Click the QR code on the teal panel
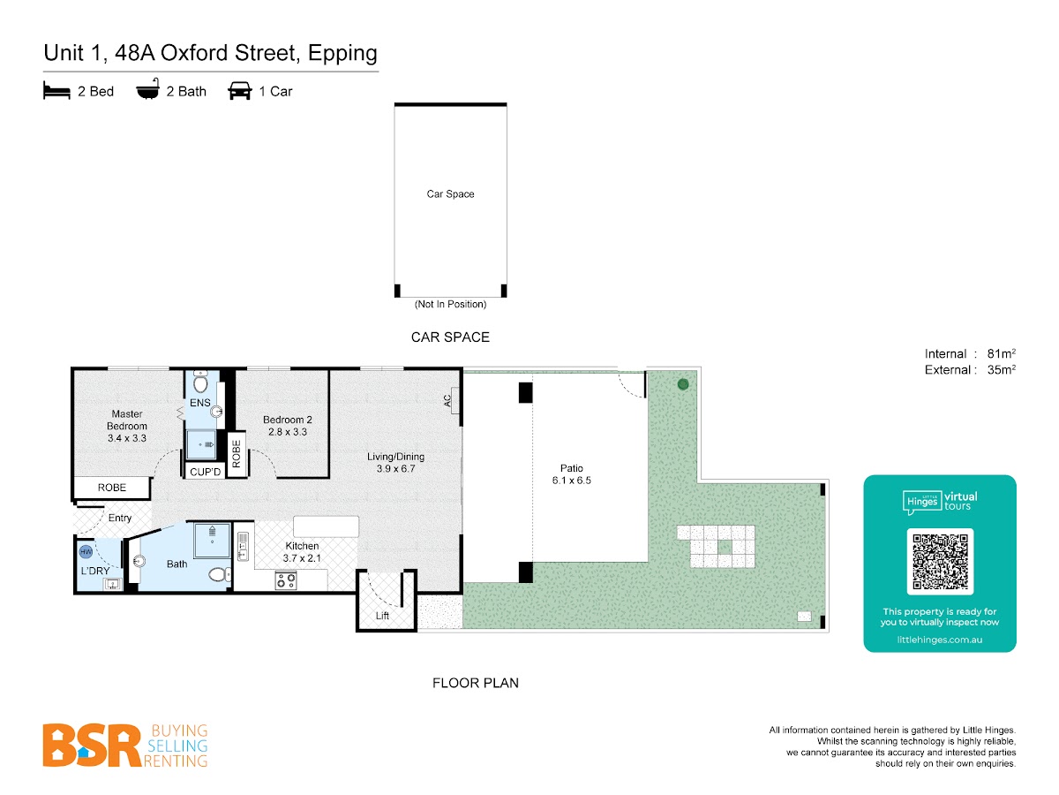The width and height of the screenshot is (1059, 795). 939,561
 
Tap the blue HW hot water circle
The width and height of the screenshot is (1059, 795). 86,551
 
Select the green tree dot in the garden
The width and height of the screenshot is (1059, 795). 682,384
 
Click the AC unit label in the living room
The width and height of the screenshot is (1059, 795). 447,401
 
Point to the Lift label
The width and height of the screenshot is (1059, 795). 382,616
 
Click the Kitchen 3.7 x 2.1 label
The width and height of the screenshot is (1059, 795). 302,552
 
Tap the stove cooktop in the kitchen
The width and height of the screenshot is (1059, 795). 285,579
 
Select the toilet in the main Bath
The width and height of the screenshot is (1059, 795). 220,574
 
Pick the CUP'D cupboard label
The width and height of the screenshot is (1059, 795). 205,472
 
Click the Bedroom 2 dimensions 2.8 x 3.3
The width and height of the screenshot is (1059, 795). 287,432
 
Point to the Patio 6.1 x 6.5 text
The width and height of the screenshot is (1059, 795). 571,474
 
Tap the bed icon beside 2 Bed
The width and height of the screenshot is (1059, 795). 56,91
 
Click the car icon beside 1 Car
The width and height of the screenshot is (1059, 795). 239,91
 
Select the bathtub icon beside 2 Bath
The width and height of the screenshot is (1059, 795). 147,89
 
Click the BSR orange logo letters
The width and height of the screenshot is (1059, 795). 92,745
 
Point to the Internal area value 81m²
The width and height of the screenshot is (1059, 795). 1001,353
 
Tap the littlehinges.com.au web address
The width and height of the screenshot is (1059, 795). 939,640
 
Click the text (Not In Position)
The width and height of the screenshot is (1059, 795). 450,304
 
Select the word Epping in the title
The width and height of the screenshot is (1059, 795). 342,54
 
